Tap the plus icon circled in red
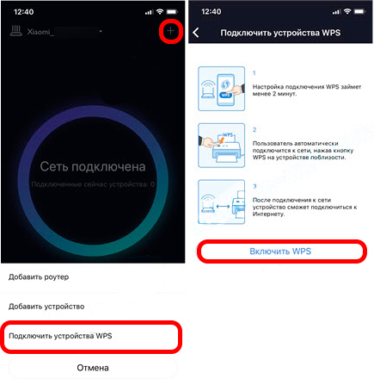(171, 31)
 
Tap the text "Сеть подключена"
(94, 166)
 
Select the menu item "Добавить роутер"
(51, 276)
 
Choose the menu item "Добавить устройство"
(58, 306)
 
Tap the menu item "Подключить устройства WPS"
(65, 335)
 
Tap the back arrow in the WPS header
(196, 33)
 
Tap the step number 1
(254, 74)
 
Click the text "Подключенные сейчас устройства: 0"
(93, 184)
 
